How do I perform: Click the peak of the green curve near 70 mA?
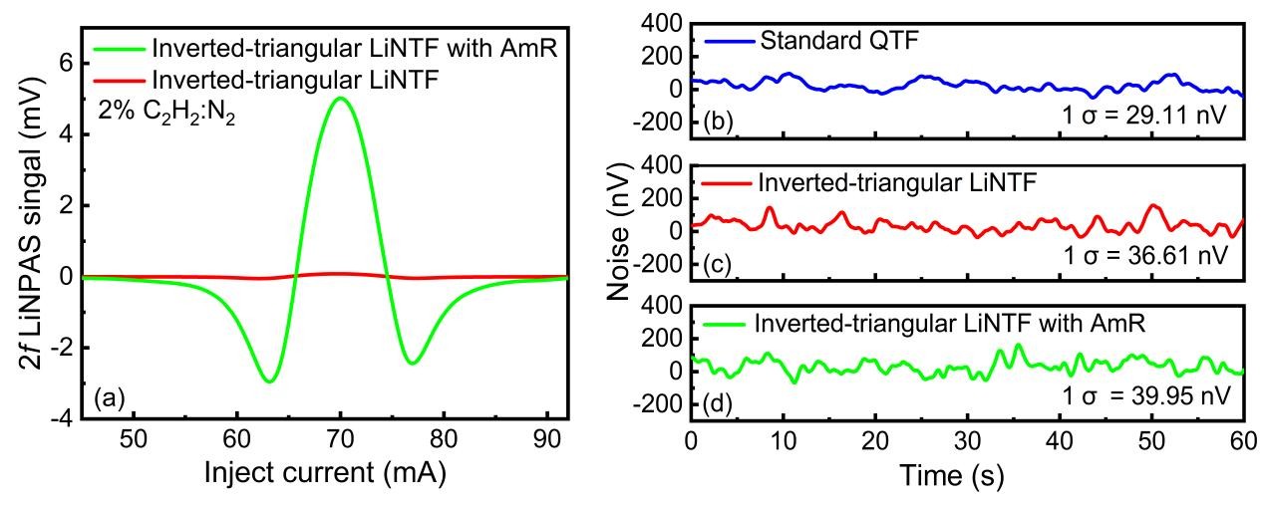[x=340, y=98]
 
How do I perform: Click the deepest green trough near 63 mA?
[x=268, y=381]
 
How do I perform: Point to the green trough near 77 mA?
[x=412, y=363]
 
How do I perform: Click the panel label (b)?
[x=719, y=123]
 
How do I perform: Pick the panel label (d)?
[x=719, y=404]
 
